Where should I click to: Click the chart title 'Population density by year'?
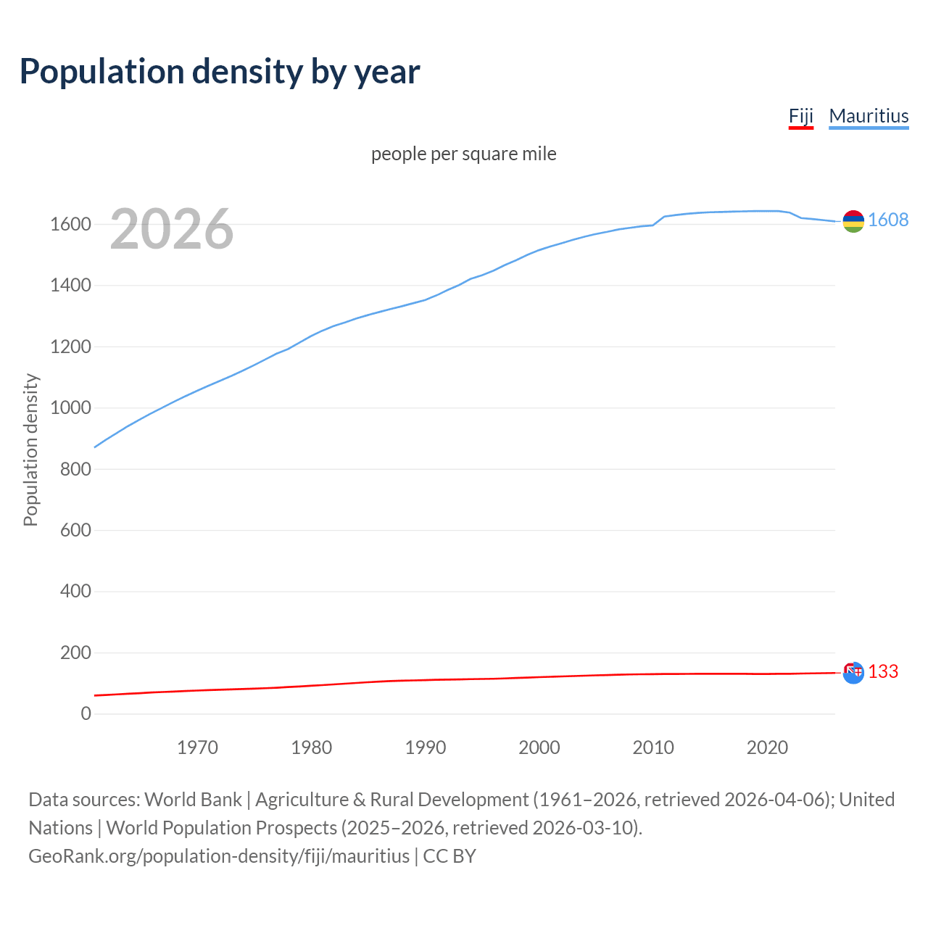(x=220, y=72)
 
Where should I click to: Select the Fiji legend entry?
(x=800, y=116)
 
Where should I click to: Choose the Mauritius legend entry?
(x=869, y=116)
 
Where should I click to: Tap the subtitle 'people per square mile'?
(x=464, y=154)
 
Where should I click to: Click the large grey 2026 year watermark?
(x=172, y=229)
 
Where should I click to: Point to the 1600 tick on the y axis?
(x=70, y=225)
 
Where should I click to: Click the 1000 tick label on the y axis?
(x=70, y=408)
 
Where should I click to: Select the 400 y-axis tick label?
(x=75, y=592)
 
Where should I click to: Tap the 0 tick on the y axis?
(x=86, y=714)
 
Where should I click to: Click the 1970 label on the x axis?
(x=197, y=747)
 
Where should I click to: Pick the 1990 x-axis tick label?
(x=425, y=747)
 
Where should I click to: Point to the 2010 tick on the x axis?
(x=653, y=747)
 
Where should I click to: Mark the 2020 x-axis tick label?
(x=767, y=747)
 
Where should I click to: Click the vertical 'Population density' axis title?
(x=30, y=449)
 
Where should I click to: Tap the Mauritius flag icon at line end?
(x=853, y=221)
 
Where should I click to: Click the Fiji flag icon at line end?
(x=853, y=672)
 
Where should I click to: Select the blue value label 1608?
(x=888, y=220)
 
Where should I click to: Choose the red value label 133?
(x=883, y=672)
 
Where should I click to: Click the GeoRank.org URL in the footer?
(x=219, y=856)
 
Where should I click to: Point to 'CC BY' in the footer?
(x=449, y=856)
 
